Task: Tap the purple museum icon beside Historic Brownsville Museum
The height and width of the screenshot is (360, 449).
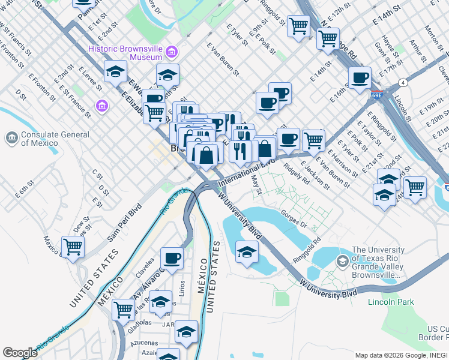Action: point(172,53)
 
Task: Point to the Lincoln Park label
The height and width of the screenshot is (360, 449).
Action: point(391,302)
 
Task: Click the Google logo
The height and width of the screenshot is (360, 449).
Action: point(20,352)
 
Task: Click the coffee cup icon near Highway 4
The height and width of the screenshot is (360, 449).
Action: point(360,78)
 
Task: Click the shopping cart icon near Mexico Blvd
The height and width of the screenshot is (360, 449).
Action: point(73,246)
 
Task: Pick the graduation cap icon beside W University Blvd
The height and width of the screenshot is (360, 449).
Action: point(246,252)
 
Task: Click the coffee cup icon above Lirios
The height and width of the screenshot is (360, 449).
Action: point(172,258)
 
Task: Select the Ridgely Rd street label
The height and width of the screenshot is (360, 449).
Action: point(297,175)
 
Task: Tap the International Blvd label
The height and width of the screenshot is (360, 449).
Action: point(246,173)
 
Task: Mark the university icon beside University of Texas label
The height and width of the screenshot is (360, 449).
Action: point(342,261)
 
